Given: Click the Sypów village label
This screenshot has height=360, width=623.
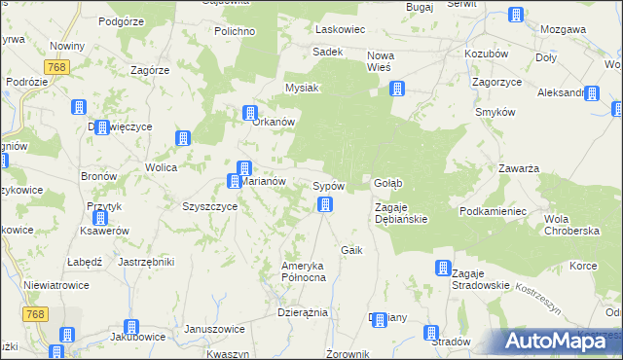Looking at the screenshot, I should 328,185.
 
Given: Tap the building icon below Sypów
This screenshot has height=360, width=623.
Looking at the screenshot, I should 325,204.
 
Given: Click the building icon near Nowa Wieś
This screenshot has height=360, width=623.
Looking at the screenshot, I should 397,90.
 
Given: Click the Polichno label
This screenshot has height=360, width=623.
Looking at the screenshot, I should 234,31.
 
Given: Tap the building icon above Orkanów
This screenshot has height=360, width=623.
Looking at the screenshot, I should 250,113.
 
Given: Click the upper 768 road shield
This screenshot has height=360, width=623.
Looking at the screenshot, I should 55,66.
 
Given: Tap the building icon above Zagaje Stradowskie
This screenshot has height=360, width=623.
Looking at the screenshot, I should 442,268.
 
